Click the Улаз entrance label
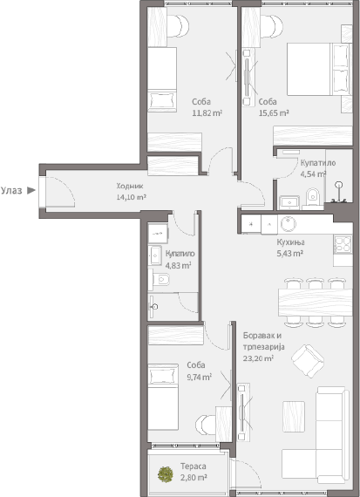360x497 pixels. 11,188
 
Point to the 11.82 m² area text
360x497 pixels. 207,112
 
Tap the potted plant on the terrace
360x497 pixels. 165,475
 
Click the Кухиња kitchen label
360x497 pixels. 290,242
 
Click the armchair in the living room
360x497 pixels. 306,358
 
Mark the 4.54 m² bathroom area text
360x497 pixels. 313,174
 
